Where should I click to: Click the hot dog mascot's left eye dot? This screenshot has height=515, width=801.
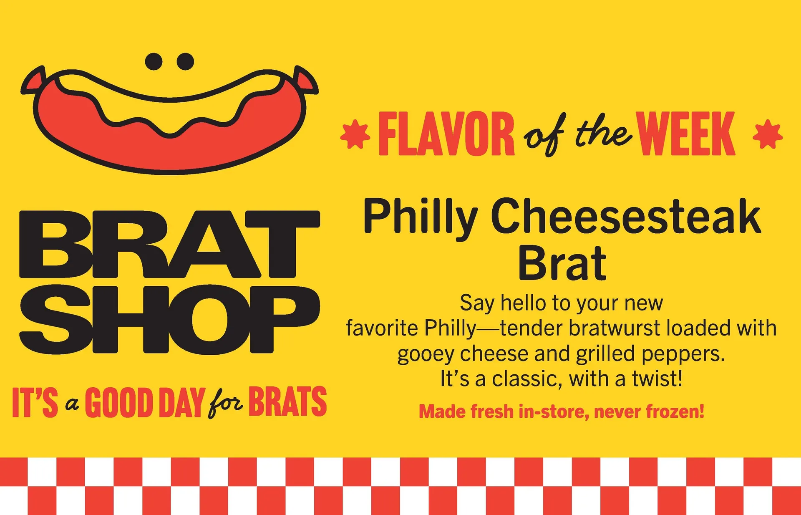click(154, 61)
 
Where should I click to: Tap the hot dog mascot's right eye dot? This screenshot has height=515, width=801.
click(185, 61)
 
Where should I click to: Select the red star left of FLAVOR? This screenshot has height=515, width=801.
click(355, 134)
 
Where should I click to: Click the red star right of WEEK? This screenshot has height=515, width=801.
click(768, 134)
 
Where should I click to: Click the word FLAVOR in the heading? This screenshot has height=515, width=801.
click(446, 134)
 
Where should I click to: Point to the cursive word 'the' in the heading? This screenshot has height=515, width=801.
click(603, 133)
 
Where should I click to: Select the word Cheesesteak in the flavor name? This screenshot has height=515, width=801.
click(626, 216)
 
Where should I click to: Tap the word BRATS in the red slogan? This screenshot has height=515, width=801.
click(288, 401)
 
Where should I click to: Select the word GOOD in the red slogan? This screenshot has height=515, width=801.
click(119, 402)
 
